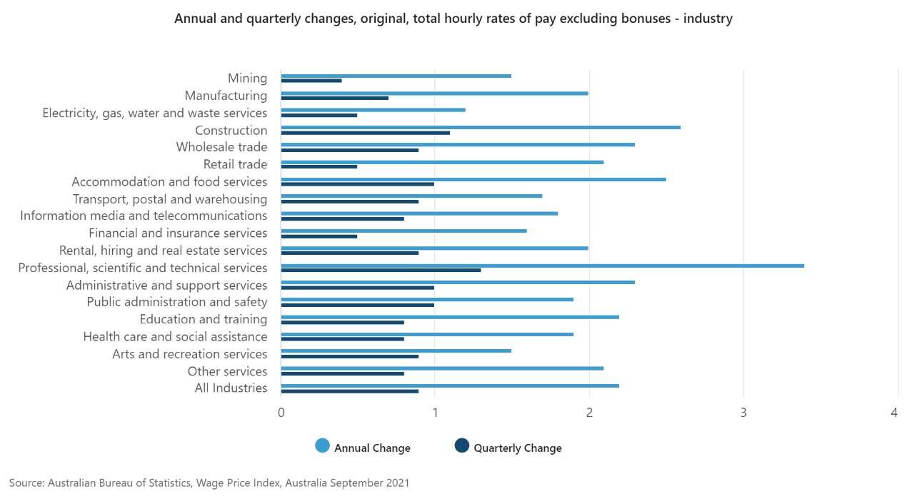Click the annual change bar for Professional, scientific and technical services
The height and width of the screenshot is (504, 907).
[x=542, y=266]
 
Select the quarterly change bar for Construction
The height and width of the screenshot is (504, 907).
[x=365, y=133]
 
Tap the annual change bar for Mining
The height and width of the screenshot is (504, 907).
[x=396, y=76]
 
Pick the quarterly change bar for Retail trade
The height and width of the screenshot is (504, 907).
[x=319, y=167]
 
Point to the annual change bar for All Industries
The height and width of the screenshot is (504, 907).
[x=450, y=385]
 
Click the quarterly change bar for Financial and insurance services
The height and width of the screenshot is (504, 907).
[x=319, y=236]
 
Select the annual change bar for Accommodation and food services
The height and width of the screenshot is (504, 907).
[x=473, y=179]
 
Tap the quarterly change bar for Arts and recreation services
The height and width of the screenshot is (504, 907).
[x=349, y=356]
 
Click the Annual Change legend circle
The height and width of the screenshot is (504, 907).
[x=322, y=446]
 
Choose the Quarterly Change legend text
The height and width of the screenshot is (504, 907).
[x=518, y=448]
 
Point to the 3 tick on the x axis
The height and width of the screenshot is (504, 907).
[x=743, y=413]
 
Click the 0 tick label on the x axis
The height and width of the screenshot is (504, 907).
[x=281, y=413]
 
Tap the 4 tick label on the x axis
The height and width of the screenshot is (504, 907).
[x=893, y=413]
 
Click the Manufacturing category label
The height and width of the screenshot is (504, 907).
[x=226, y=96]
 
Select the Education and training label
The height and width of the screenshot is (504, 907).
[x=204, y=319]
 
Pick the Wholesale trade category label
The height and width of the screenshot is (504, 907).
[x=221, y=147]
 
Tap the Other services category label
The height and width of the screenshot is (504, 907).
[x=227, y=371]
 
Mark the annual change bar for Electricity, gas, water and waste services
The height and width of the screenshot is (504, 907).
[x=373, y=110]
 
